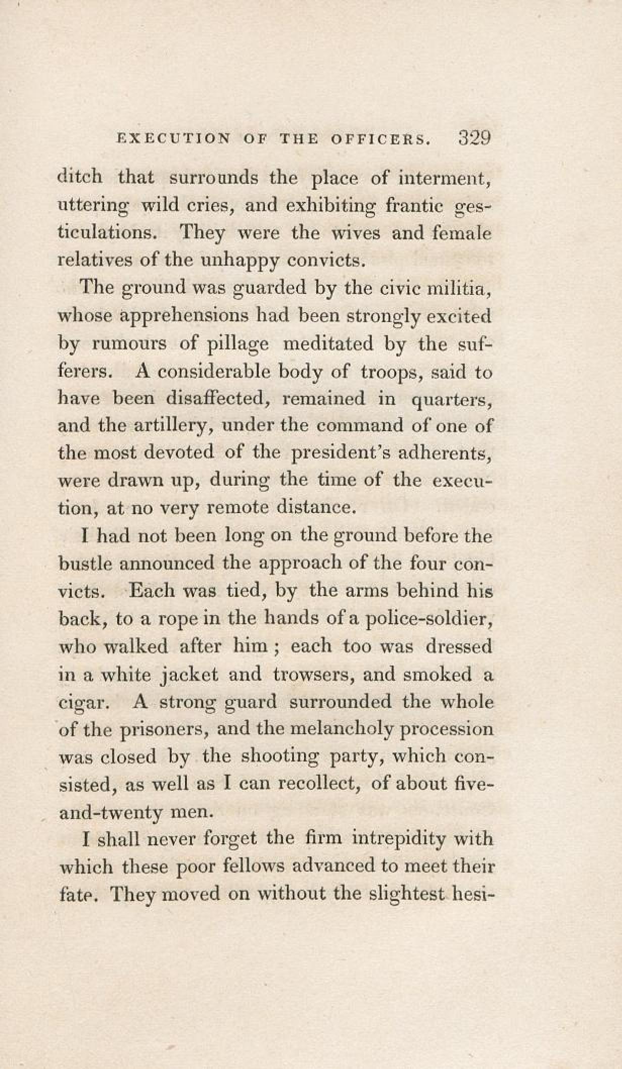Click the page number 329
coord(474,137)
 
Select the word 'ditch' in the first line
coord(80,177)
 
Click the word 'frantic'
coord(414,206)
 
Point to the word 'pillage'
coord(238,345)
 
